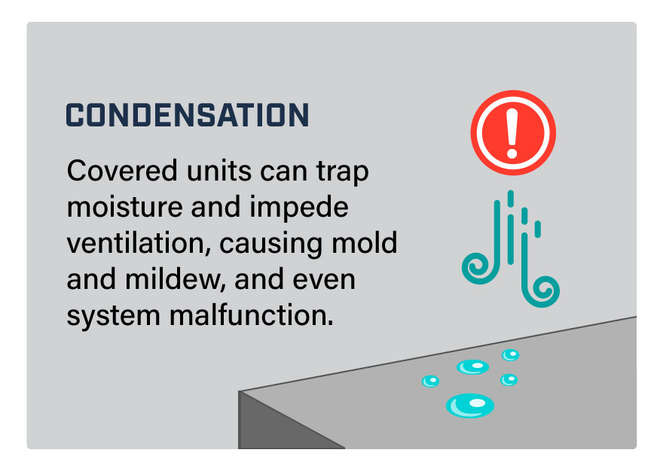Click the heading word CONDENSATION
[x=188, y=114]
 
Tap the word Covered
[x=122, y=171]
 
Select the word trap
[x=343, y=173]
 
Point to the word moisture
[x=125, y=207]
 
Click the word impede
[x=299, y=208]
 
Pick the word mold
[x=365, y=242]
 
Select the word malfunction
[x=252, y=315]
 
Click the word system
[x=114, y=316]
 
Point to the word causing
[x=271, y=244]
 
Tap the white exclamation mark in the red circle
[x=512, y=133]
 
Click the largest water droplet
[x=469, y=406]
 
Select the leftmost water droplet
[x=431, y=381]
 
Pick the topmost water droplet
[x=510, y=355]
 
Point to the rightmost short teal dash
[x=537, y=229]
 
